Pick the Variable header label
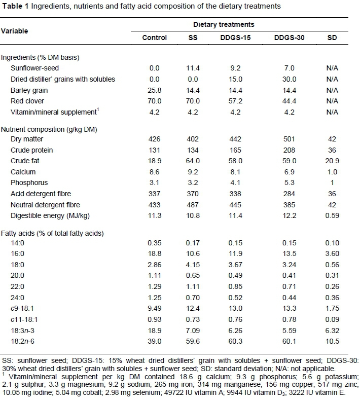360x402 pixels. click(15, 31)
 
